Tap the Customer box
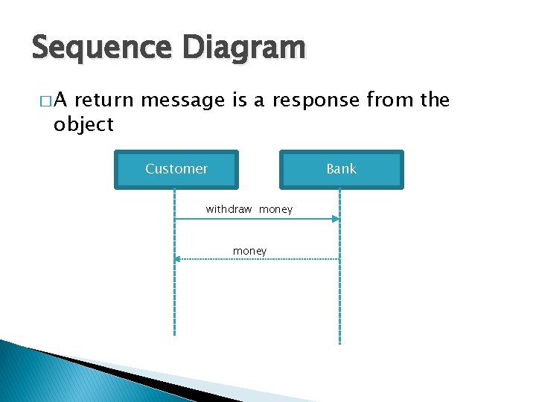coord(176,169)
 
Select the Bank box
coord(341,169)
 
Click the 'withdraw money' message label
coord(249,210)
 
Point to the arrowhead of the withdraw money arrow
coord(336,219)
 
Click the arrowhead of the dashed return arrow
coord(178,258)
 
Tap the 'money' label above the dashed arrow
coord(249,251)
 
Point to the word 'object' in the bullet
coord(83,124)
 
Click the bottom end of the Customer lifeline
coord(174,334)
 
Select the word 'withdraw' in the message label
coord(229,210)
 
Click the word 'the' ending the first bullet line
coord(435,100)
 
